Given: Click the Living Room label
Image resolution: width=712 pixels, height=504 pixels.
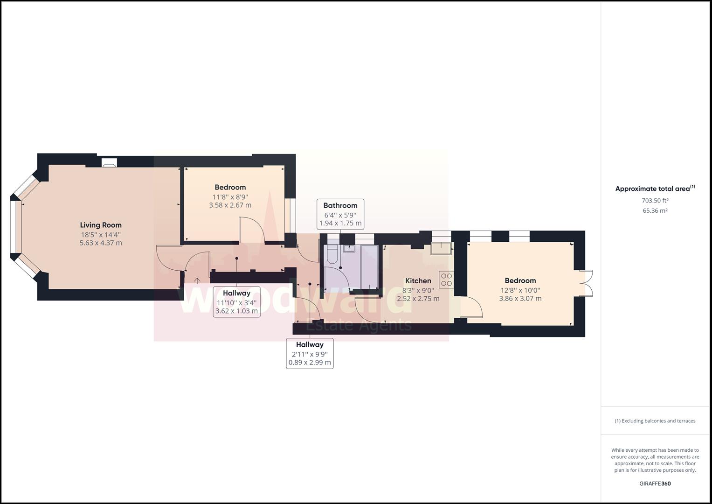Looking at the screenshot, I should [x=101, y=225].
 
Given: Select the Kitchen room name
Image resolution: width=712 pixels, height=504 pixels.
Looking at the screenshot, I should [x=418, y=280].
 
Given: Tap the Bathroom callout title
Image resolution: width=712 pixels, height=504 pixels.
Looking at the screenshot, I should [x=340, y=205].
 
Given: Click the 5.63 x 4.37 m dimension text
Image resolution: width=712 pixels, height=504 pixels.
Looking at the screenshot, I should [x=101, y=243].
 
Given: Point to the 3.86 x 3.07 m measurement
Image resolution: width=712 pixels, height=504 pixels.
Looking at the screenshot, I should [x=520, y=298].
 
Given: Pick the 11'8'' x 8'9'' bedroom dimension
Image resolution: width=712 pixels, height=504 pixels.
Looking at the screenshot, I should [x=230, y=196].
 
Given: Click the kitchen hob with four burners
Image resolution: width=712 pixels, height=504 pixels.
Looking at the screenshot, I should [x=446, y=280].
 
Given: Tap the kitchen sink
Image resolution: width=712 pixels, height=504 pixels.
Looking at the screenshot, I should [x=441, y=248].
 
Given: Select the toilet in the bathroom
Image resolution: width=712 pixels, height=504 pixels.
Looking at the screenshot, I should [x=332, y=255].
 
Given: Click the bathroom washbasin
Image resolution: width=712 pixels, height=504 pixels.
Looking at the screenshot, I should [x=349, y=248].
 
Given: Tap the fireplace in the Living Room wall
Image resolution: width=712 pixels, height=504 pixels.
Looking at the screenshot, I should [x=110, y=162].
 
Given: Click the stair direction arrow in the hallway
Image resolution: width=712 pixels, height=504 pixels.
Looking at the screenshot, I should [x=197, y=280].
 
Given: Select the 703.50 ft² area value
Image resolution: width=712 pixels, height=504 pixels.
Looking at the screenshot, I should [x=655, y=201].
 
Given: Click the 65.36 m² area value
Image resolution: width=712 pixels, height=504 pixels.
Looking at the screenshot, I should [x=655, y=210].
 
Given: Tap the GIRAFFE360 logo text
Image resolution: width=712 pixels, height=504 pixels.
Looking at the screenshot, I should [x=655, y=483].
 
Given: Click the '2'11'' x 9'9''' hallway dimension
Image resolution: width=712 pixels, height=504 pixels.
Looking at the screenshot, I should [x=310, y=354].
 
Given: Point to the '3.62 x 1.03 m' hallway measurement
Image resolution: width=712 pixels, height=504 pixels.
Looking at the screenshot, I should [x=236, y=311].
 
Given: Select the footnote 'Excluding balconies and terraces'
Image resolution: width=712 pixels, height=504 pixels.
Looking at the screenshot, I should [x=655, y=421].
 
